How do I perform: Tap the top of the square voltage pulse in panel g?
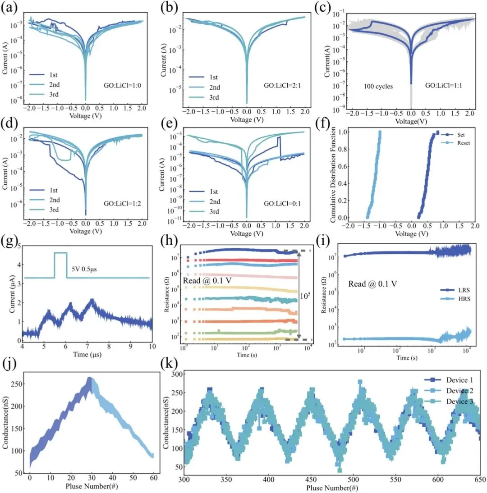[60, 253]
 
